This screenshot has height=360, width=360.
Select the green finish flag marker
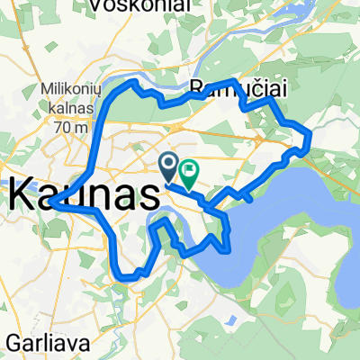click(191, 168)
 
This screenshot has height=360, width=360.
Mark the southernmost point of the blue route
click(132, 276)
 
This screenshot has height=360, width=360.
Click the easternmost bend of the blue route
click(310, 137)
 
